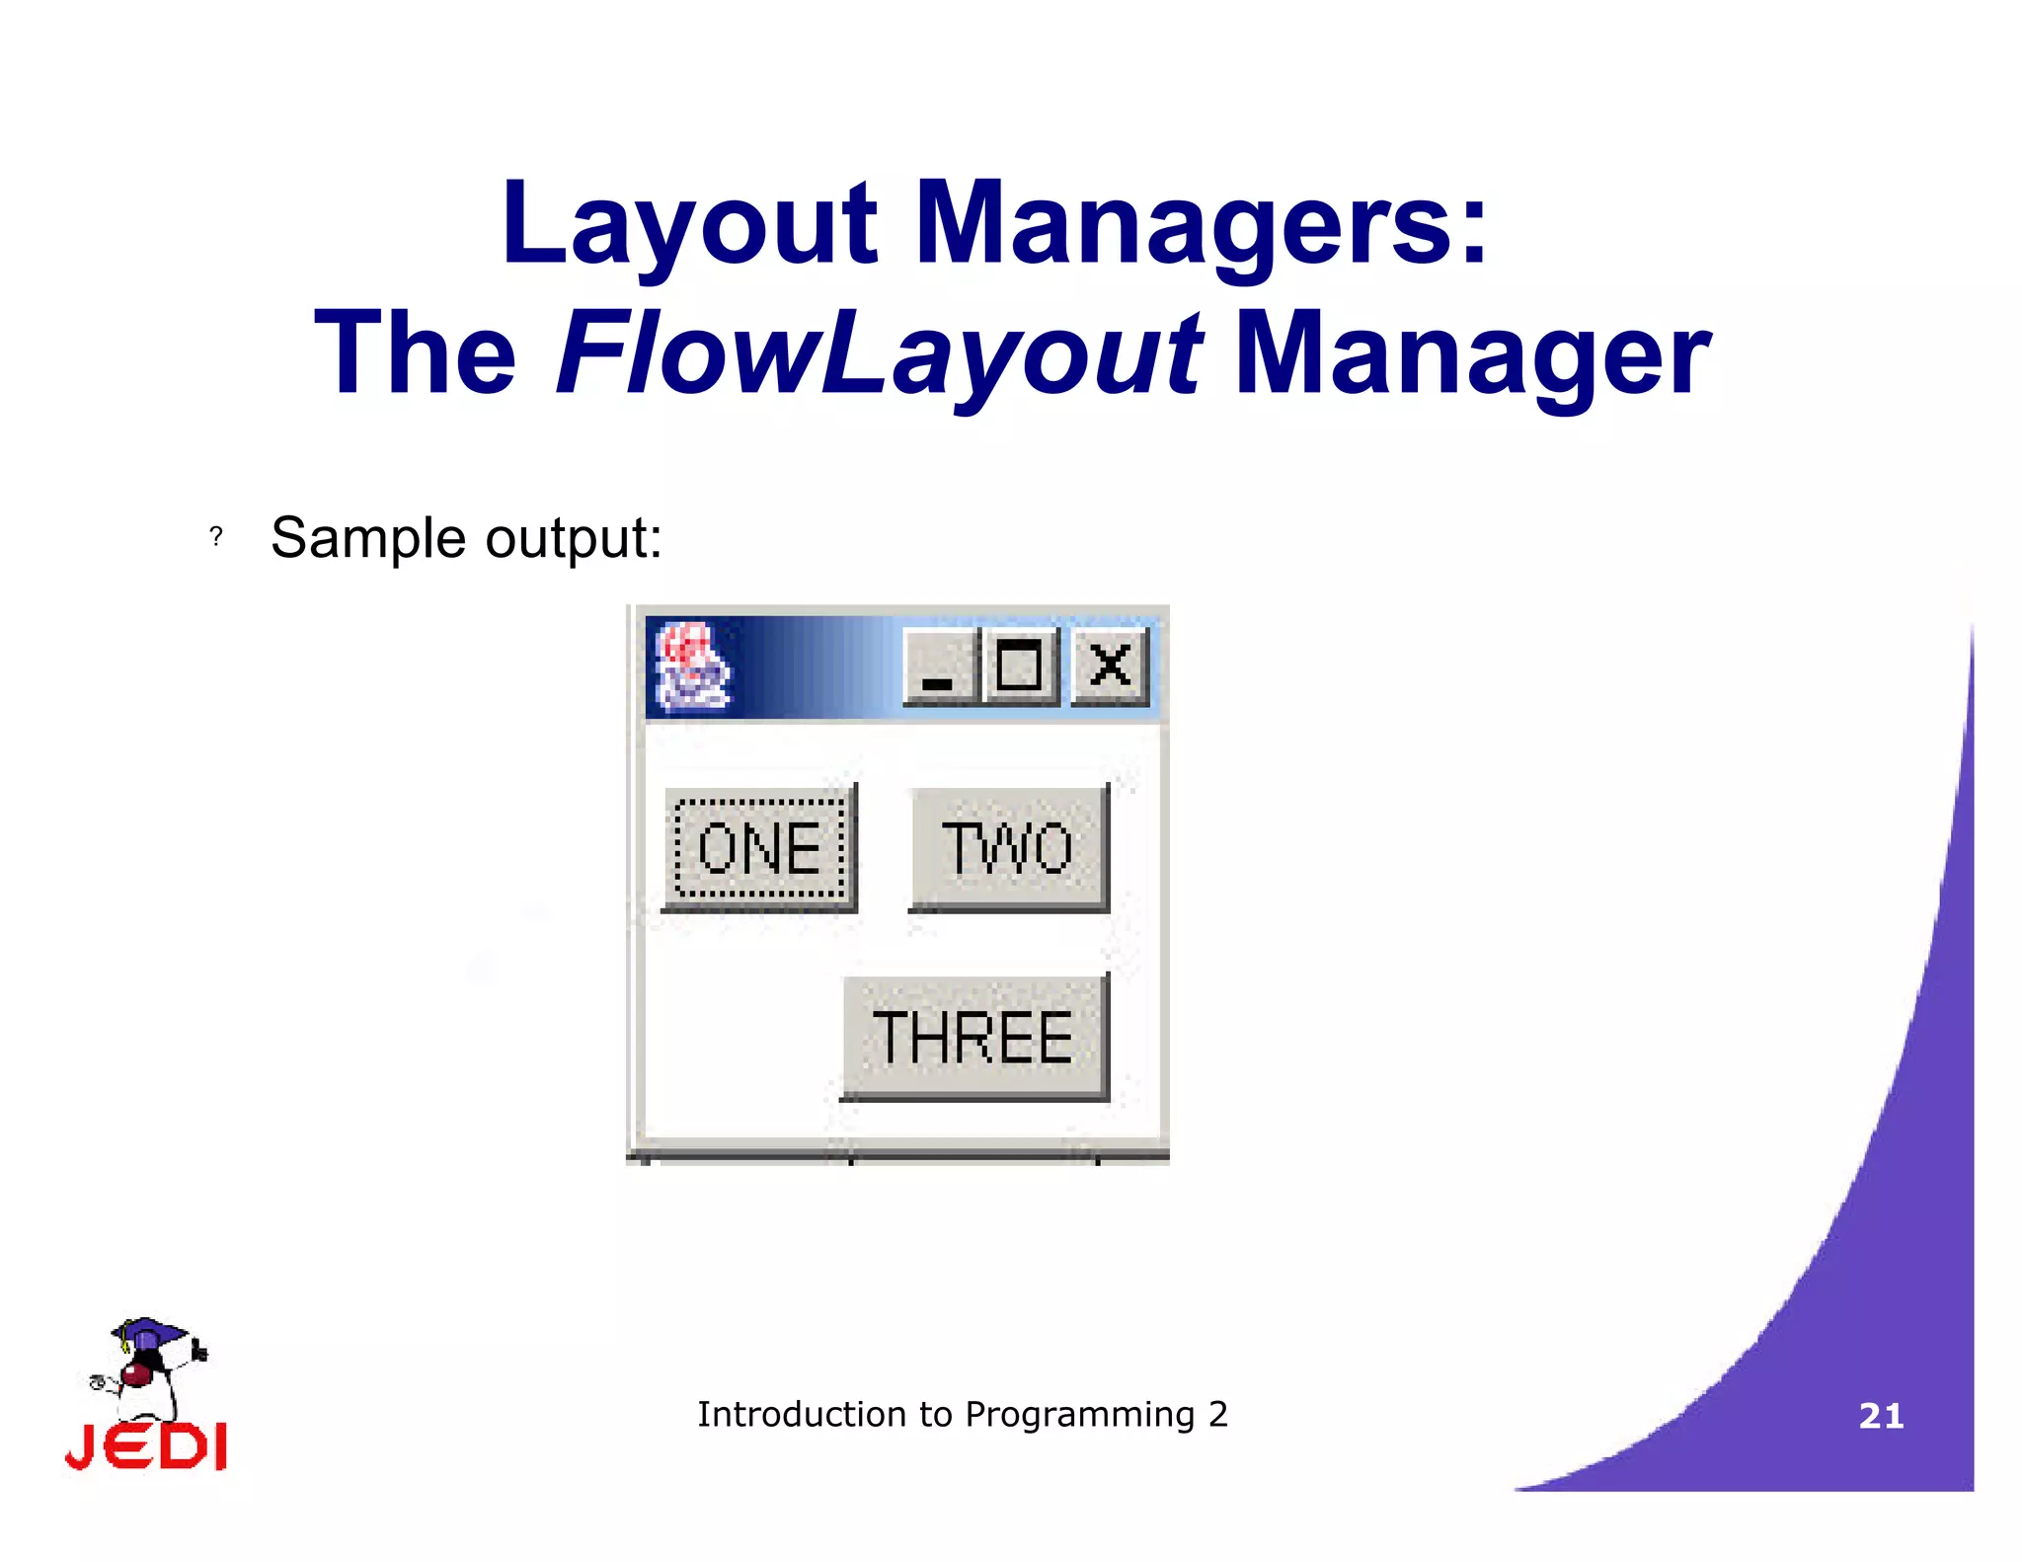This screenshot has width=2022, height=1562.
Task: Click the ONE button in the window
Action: point(758,848)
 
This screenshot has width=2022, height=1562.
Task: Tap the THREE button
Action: point(973,1037)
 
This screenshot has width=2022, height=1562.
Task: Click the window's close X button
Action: point(1110,665)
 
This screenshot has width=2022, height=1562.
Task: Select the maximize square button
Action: point(1019,665)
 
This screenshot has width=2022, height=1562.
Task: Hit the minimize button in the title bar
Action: point(939,667)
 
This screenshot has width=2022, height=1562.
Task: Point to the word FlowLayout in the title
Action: point(878,353)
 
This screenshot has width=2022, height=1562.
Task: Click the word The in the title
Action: point(416,353)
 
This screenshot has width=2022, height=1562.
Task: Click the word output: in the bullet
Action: point(574,539)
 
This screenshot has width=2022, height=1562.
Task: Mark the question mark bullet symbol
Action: point(216,536)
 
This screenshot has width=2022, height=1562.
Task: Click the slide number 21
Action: point(1881,1416)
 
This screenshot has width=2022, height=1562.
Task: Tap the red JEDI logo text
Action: point(146,1446)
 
